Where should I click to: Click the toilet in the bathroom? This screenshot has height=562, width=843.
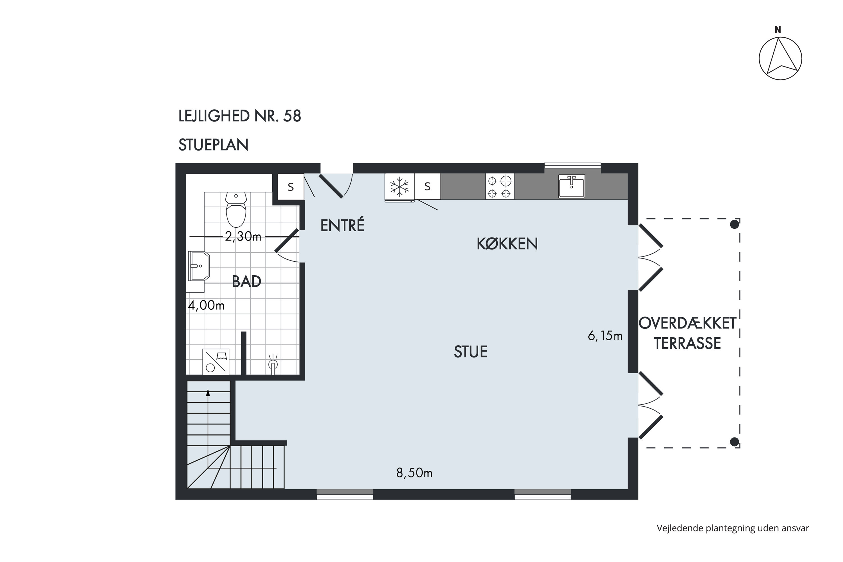click(236, 210)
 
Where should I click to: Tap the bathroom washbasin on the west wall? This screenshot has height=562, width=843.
click(199, 266)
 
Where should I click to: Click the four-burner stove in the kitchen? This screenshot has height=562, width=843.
click(500, 186)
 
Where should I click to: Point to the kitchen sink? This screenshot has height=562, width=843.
click(571, 186)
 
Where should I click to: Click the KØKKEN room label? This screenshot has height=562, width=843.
click(507, 244)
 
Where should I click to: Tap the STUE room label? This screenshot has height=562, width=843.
click(471, 352)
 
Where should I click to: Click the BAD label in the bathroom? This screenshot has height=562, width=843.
click(247, 282)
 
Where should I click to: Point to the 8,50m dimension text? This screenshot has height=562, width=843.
click(414, 473)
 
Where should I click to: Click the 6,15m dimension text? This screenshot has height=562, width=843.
click(605, 336)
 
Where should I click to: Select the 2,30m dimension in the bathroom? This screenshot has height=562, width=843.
click(243, 237)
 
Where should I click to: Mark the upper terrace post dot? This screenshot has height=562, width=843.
click(735, 224)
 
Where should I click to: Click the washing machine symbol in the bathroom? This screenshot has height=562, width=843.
click(216, 362)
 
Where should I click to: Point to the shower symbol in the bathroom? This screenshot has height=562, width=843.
click(273, 364)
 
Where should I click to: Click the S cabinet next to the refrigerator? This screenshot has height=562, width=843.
click(427, 186)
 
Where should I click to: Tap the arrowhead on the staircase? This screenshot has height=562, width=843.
click(208, 393)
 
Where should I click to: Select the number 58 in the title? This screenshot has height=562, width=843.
click(292, 116)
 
